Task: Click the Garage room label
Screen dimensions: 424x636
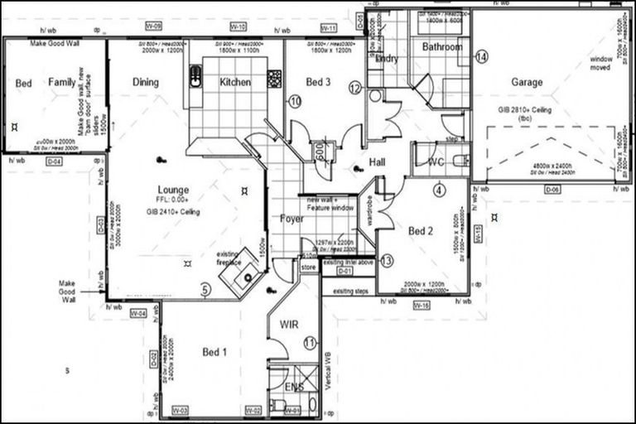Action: [527, 82]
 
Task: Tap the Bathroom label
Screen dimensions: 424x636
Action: [442, 47]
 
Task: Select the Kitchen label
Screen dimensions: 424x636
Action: [235, 82]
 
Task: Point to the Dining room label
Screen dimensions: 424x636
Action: [146, 82]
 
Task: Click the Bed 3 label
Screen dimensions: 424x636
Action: [319, 82]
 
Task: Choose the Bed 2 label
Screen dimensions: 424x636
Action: [421, 231]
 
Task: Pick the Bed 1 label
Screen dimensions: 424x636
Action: [214, 352]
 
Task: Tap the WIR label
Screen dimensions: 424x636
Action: [289, 324]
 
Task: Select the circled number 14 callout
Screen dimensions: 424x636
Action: [482, 57]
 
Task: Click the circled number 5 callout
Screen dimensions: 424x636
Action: [206, 290]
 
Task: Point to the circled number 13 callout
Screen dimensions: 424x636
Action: [387, 261]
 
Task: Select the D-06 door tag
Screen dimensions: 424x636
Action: [552, 190]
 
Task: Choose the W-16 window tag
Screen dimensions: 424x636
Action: [421, 306]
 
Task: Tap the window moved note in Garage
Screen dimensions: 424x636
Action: [601, 64]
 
